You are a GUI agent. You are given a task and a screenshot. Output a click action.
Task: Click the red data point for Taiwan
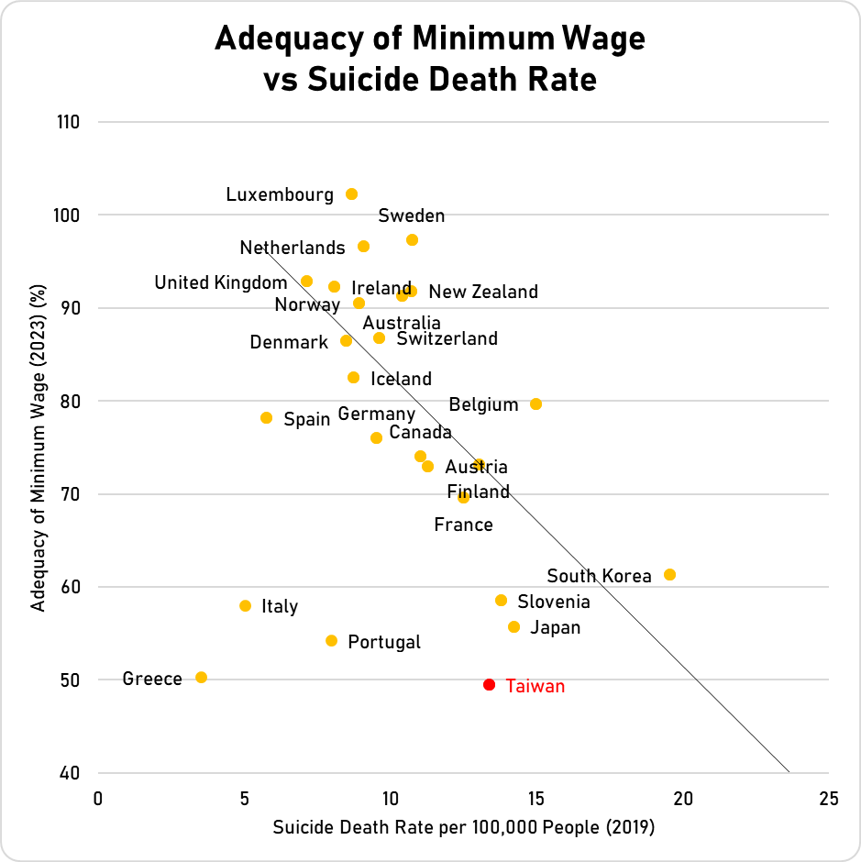(x=489, y=685)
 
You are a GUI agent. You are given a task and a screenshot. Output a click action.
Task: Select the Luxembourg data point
(x=351, y=194)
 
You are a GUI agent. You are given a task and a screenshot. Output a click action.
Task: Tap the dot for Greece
(x=201, y=678)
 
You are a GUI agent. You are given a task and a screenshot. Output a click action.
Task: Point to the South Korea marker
(x=669, y=575)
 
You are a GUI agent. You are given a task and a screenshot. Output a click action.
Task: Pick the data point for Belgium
(x=535, y=404)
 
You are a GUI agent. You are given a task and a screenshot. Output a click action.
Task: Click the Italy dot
(x=245, y=606)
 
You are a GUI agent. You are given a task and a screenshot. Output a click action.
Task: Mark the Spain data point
(x=266, y=418)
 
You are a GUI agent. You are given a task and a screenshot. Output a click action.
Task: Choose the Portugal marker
(x=331, y=641)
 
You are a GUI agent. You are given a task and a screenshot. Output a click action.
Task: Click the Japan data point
(x=513, y=627)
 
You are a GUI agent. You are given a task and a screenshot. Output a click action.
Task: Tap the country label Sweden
(x=411, y=216)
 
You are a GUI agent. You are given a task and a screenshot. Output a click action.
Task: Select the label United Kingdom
(x=220, y=282)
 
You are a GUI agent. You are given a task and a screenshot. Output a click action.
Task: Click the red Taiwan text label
(x=535, y=686)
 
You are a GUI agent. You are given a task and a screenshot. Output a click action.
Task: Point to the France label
(x=463, y=525)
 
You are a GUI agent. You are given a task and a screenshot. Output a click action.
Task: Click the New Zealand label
(x=483, y=293)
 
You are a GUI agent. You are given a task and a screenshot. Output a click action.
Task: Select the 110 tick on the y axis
(x=68, y=122)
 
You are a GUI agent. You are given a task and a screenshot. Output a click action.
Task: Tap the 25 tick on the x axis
(x=828, y=798)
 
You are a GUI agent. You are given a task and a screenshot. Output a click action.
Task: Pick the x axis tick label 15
(x=535, y=798)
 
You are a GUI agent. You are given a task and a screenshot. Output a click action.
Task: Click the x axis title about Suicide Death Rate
(x=463, y=827)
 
